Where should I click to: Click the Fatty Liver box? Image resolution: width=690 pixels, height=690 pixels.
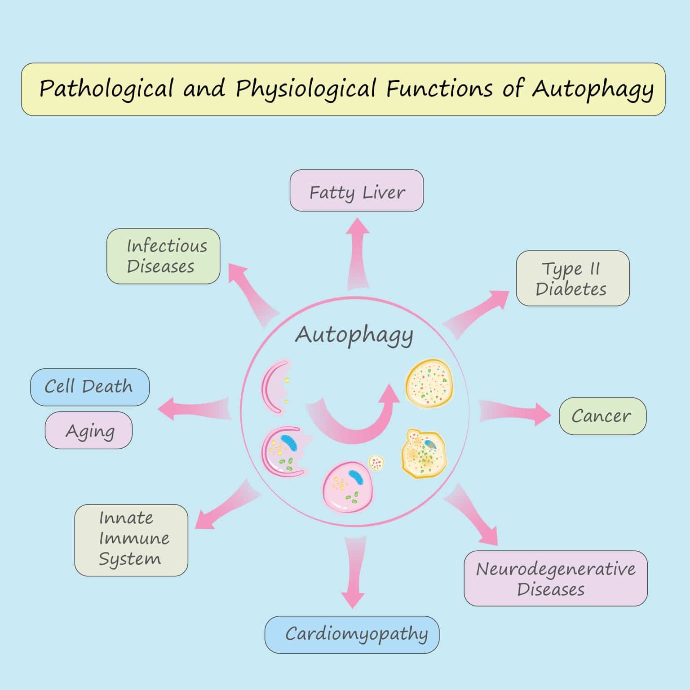point(357,190)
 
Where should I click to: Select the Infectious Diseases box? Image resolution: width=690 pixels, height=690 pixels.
point(163,256)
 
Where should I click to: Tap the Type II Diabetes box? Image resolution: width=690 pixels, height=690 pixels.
point(572,278)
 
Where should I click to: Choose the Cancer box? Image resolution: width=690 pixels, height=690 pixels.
point(602,416)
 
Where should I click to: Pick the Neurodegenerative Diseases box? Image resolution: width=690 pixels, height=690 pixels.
point(555,578)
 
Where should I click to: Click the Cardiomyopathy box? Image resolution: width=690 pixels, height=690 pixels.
point(352,634)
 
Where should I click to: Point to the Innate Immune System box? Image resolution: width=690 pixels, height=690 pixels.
point(131,540)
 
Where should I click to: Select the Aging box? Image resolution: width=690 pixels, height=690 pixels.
point(88,430)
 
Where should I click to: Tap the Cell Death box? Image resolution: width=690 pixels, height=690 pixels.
point(89,387)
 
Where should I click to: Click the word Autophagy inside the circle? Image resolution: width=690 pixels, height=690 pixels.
point(354,335)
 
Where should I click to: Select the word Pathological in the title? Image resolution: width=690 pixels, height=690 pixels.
point(106,88)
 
